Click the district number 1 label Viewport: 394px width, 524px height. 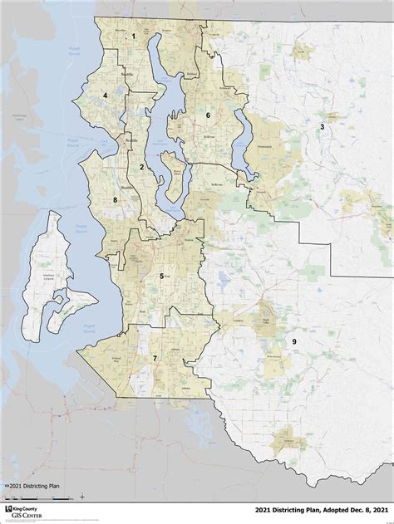pyautogui.click(x=133, y=36)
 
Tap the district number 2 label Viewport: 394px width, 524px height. pyautogui.click(x=142, y=167)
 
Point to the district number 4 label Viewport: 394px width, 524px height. pyautogui.click(x=106, y=95)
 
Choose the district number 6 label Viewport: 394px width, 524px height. pyautogui.click(x=209, y=116)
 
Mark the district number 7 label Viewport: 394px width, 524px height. pyautogui.click(x=155, y=357)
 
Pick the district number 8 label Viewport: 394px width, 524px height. pyautogui.click(x=115, y=200)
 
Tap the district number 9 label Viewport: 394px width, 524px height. pyautogui.click(x=293, y=341)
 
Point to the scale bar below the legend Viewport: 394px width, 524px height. pyautogui.click(x=50, y=496)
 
